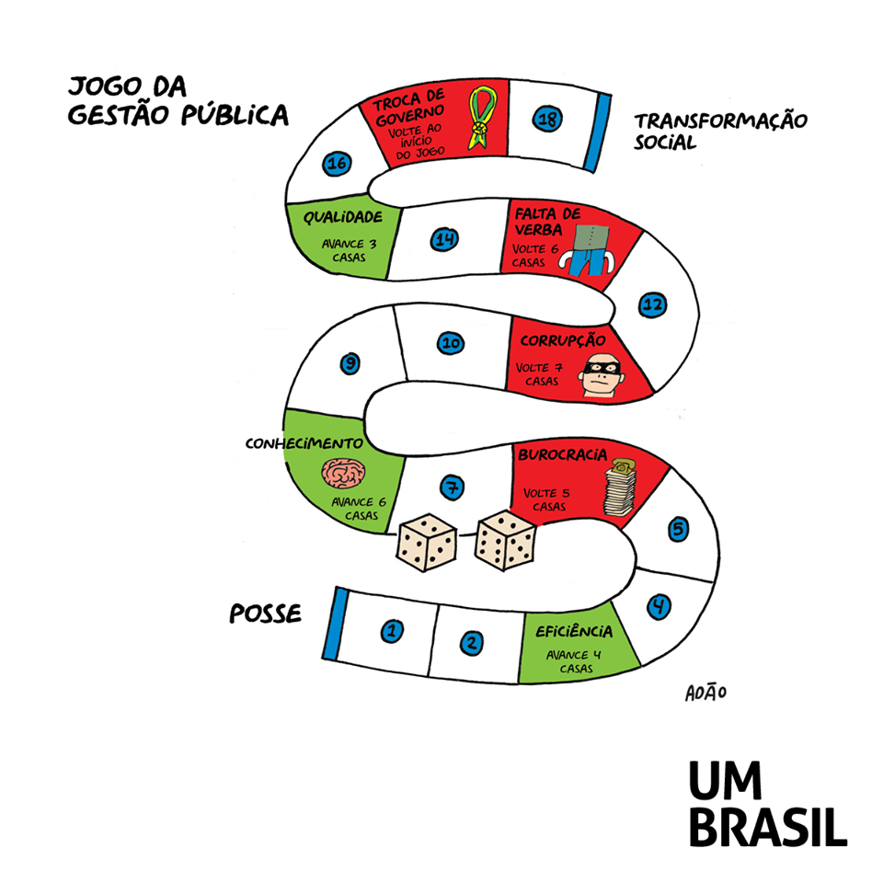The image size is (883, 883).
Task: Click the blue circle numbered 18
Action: pos(547,119)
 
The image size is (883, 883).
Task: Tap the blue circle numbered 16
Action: pos(337,164)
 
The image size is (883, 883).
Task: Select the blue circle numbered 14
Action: pos(444,239)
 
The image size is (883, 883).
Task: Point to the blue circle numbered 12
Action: pos(653,304)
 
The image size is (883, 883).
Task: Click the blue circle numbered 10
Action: pos(451,342)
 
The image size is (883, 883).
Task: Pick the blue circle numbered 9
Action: pos(350,363)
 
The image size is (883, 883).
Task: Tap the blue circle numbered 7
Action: pos(453,487)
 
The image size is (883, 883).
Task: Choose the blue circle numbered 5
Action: pos(678,529)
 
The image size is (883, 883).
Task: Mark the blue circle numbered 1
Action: pos(392,631)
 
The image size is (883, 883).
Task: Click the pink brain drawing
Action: pos(343,473)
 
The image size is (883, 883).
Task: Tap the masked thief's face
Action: pos(602,375)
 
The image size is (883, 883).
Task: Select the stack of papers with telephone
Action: pos(620,487)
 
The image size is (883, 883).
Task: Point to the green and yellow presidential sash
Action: pos(483,117)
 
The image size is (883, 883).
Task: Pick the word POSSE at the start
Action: pos(265,614)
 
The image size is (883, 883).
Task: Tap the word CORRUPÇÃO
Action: pos(563,340)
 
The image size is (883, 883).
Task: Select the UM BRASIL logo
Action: pos(768,804)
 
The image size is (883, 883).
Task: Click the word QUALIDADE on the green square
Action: pos(343,217)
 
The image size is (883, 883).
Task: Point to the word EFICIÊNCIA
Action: pos(574,631)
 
